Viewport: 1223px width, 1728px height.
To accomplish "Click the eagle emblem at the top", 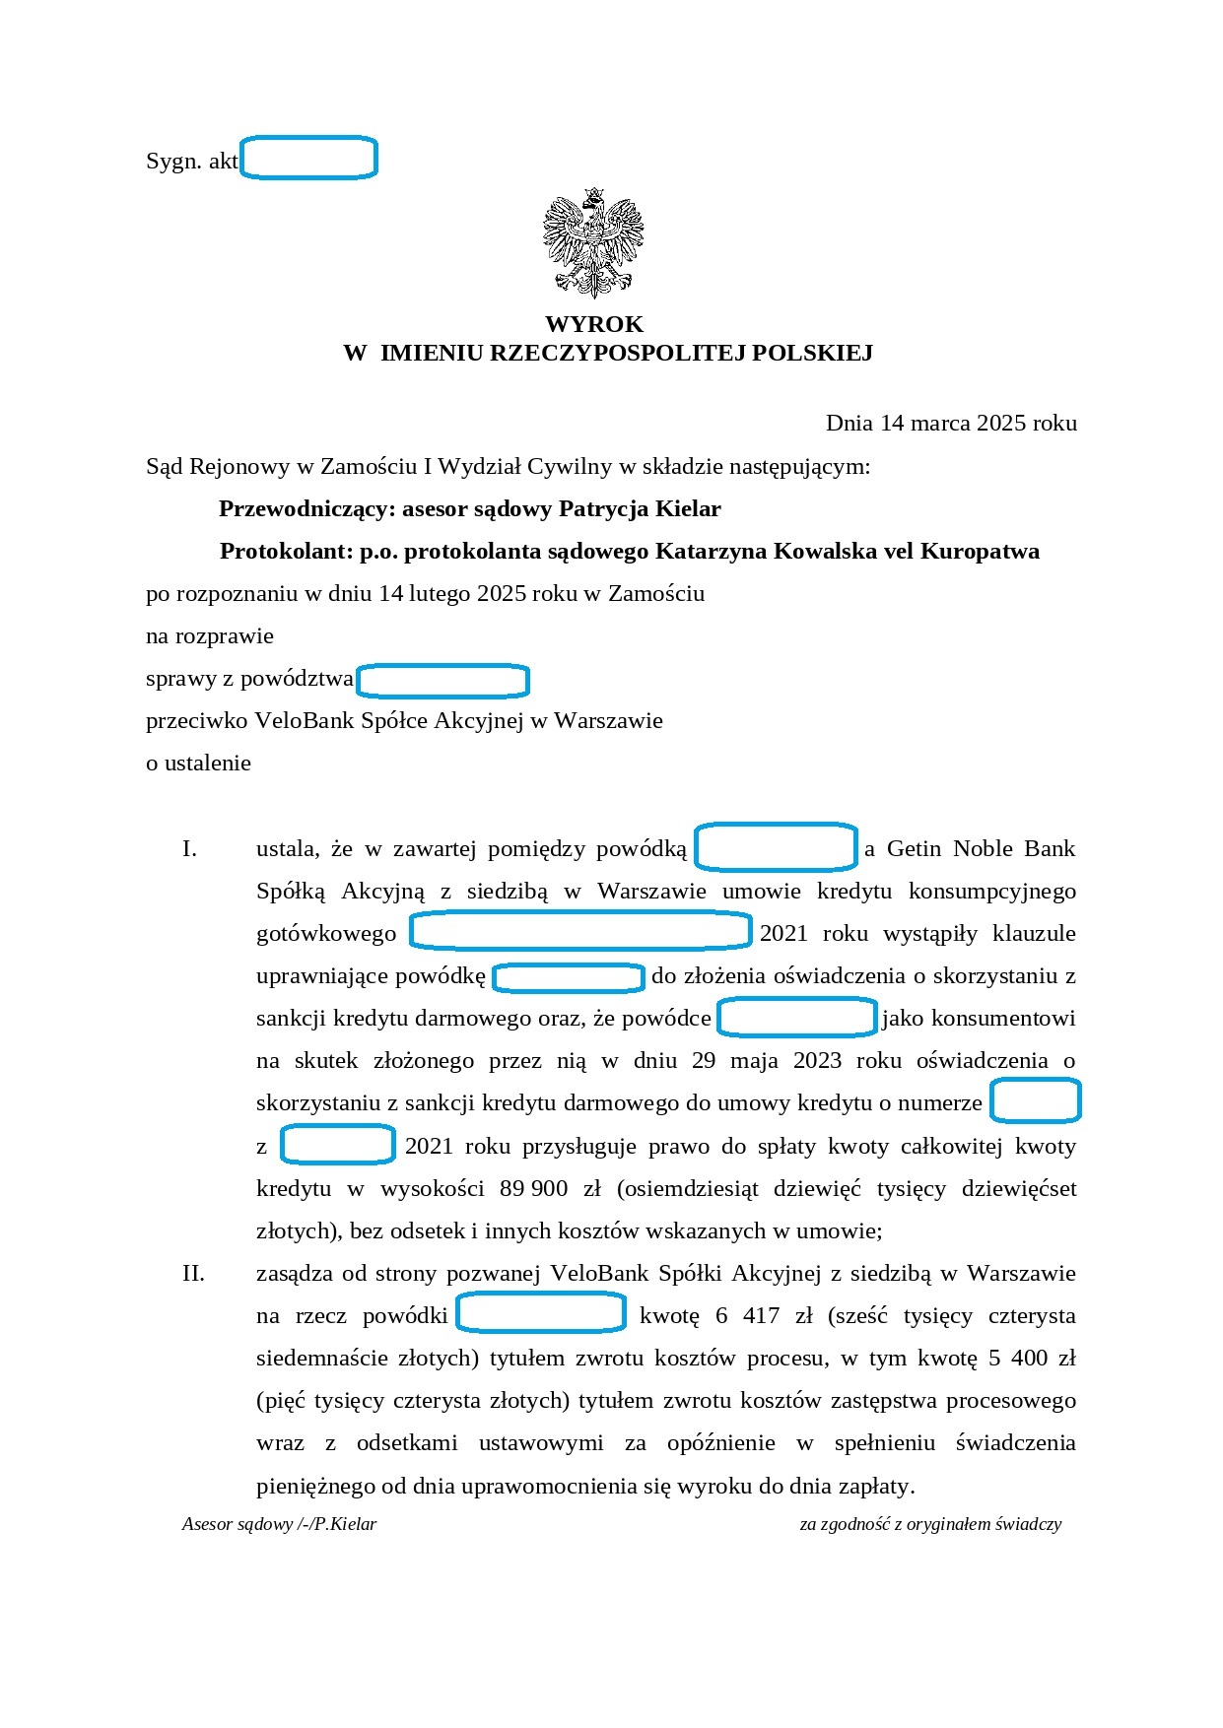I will pos(593,242).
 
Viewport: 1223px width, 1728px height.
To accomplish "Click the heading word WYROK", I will pos(594,324).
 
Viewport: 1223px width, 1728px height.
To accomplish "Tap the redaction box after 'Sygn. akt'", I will pos(309,159).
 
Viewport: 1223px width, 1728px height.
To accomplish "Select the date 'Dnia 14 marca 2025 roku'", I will pos(951,423).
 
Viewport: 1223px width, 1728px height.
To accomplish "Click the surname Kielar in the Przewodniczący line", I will pos(689,508).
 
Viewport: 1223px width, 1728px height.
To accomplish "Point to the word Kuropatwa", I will pos(980,551).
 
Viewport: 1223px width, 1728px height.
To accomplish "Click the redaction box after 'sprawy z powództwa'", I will pos(442,680).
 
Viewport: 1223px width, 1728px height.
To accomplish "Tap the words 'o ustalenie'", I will pos(198,763).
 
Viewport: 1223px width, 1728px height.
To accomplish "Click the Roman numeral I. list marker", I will pos(189,848).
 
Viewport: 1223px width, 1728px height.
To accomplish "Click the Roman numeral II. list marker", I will pos(193,1273).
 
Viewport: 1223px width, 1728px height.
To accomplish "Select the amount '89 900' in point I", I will pos(533,1188).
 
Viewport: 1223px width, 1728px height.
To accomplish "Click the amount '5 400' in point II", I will pos(1019,1358).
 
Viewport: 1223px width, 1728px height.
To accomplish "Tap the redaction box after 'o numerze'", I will pos(1035,1101).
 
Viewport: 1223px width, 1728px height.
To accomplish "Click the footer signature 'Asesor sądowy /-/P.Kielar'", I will pos(279,1524).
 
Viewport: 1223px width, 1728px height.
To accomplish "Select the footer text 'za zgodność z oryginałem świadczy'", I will pos(930,1524).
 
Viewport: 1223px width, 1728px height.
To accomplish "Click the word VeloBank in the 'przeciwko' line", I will pos(304,720).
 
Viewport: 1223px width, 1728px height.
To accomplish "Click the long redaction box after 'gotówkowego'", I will pos(580,931).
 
